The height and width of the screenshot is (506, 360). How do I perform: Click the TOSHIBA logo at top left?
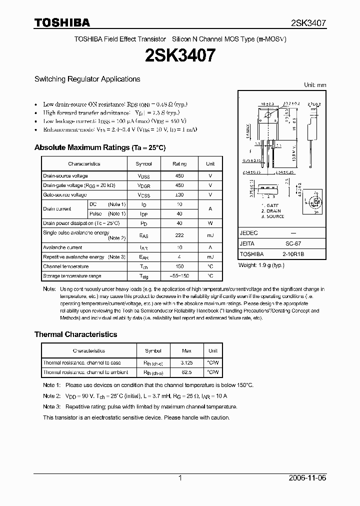62,22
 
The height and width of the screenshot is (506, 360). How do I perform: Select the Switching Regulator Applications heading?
87,79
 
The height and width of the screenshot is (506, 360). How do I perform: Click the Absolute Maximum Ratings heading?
99,148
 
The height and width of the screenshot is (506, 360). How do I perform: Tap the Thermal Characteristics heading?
75,334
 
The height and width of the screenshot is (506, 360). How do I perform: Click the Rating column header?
179,163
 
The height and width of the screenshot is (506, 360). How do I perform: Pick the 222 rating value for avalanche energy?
179,235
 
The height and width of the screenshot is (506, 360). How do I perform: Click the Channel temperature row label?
65,266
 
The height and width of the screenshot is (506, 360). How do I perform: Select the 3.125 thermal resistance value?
186,362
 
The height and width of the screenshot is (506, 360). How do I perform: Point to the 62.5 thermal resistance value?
186,372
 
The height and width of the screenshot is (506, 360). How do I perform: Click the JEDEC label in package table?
248,233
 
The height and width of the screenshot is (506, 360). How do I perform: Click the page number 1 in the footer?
180,478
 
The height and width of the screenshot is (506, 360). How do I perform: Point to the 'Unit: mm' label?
315,85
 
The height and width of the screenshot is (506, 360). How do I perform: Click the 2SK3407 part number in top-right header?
308,23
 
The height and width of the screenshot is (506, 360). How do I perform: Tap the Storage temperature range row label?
72,276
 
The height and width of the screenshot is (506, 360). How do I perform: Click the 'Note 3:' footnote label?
51,407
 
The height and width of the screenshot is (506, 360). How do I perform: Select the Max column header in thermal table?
186,351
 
